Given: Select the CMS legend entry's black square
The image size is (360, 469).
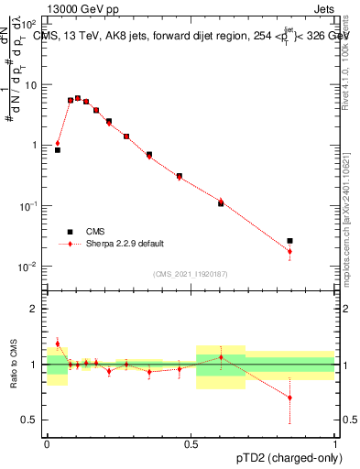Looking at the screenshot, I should click(70, 232).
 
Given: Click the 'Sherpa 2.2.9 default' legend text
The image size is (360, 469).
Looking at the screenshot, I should click(126, 244).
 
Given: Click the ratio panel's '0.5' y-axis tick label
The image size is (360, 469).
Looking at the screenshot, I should click(30, 420).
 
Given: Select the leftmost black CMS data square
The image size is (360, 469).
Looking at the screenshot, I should click(58, 149).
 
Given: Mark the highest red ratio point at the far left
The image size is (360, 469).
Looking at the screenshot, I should click(58, 344).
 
